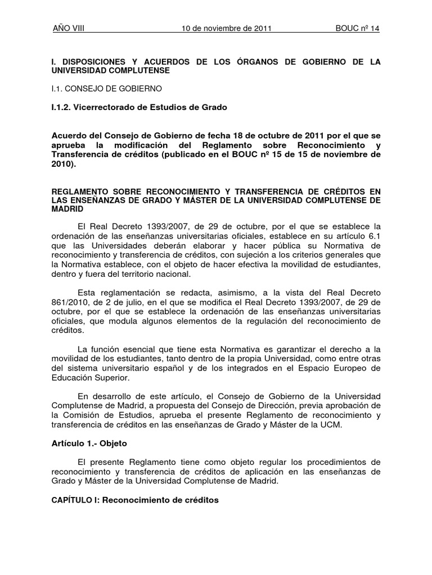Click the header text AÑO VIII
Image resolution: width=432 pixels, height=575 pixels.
pos(68,29)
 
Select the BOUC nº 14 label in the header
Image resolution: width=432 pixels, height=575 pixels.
pos(357,29)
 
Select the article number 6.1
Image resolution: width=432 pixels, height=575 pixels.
pos(374,236)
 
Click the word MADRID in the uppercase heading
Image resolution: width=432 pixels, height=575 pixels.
pos(67,209)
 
